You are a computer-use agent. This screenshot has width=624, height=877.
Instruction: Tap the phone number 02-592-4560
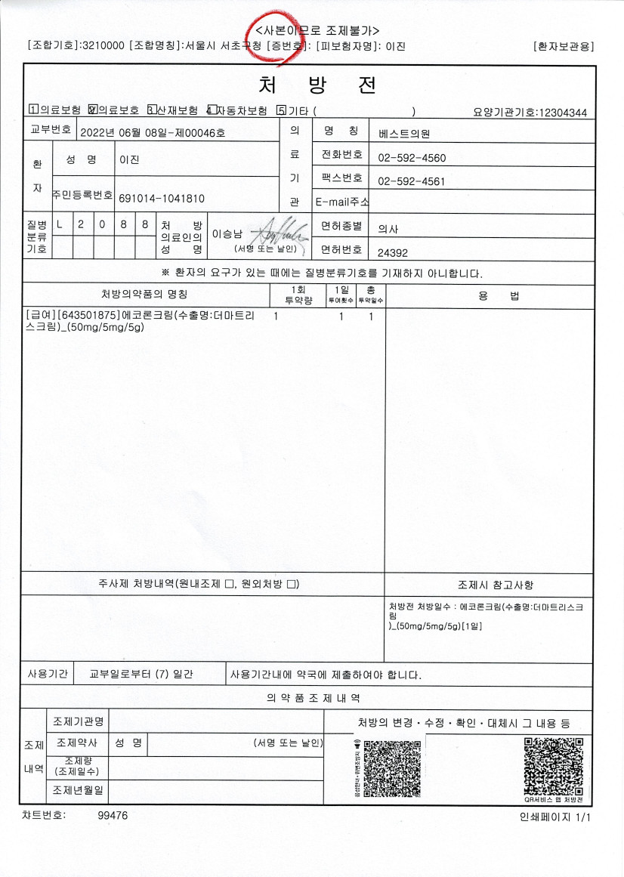(x=411, y=159)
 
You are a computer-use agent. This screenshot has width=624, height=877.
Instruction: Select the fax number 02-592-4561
(x=411, y=181)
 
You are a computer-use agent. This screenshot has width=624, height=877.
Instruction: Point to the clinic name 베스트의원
(x=404, y=132)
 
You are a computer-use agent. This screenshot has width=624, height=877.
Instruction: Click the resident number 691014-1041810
(x=161, y=198)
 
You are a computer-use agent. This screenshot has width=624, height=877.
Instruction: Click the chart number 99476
(x=113, y=816)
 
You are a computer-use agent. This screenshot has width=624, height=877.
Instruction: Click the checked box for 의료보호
(x=93, y=110)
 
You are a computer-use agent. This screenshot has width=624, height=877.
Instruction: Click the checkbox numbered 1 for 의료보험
(x=32, y=110)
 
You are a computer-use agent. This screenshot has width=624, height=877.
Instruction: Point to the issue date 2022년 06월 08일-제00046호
(x=152, y=133)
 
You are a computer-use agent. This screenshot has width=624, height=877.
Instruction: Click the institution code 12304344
(x=560, y=113)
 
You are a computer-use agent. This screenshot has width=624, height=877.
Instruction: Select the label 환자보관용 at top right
(x=563, y=46)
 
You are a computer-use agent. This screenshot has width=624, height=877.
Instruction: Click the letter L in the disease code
(x=60, y=225)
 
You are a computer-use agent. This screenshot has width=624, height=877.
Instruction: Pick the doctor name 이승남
(x=226, y=234)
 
